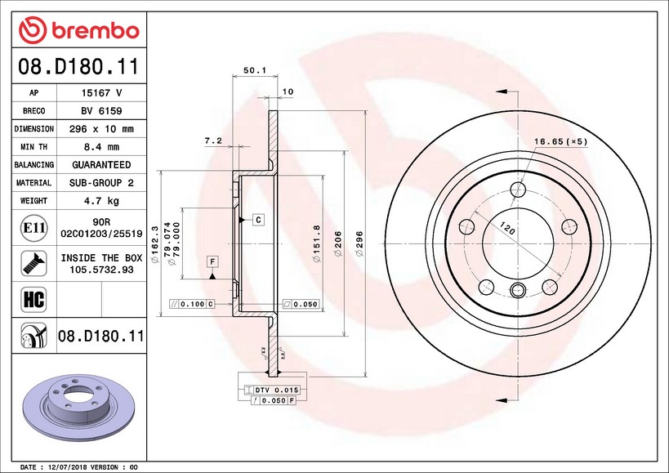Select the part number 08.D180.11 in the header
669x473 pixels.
coord(78,65)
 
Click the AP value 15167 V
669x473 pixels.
coord(101,93)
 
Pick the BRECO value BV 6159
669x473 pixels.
coord(101,111)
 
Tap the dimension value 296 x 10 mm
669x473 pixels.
coord(101,129)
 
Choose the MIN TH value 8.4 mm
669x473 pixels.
coord(101,147)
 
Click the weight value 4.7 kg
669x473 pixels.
coord(101,201)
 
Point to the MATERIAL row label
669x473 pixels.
coord(33,183)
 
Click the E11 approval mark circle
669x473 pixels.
coord(33,226)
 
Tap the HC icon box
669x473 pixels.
coord(33,299)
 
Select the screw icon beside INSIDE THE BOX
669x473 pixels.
coord(33,263)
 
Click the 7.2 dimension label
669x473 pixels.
coord(212,141)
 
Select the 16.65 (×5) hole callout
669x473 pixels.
coord(560,141)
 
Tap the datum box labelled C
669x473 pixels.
coord(257,220)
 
